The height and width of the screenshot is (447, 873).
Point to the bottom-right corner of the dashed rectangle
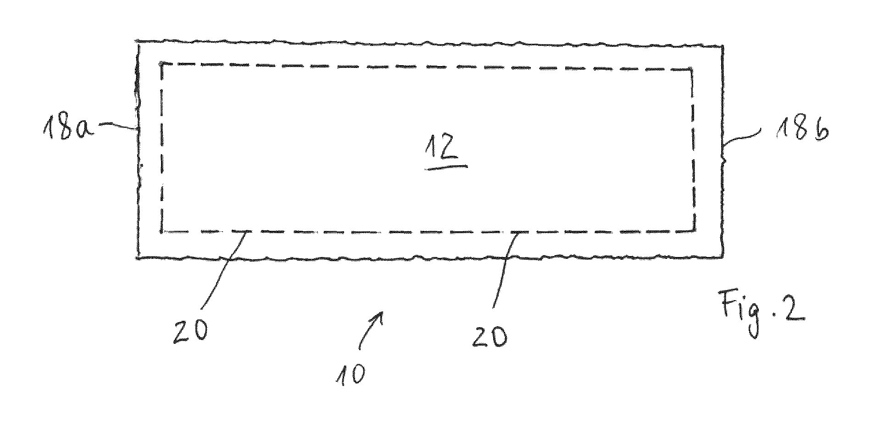click(694, 230)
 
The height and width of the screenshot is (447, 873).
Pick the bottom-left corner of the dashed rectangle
click(161, 232)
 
